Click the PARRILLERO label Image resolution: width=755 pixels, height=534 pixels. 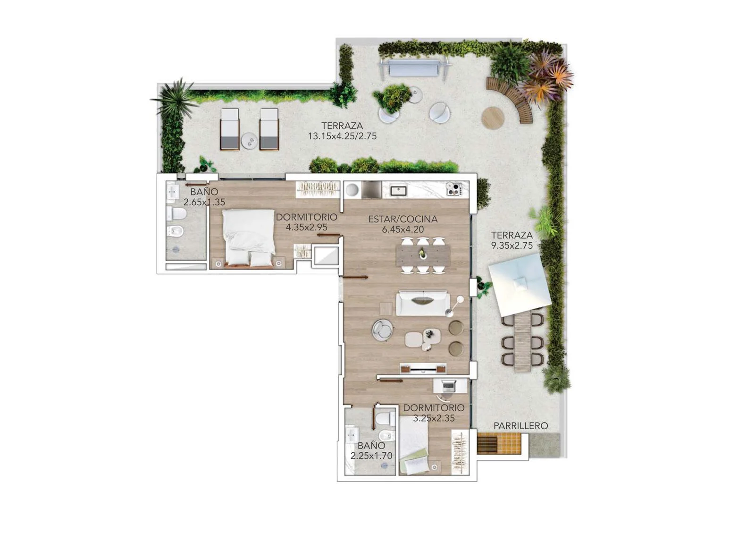click(x=520, y=426)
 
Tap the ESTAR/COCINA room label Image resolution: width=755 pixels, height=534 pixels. click(x=403, y=219)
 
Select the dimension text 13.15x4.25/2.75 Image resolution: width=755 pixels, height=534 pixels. click(x=342, y=136)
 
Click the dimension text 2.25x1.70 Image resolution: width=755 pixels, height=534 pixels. click(x=371, y=456)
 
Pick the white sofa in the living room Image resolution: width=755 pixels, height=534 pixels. click(x=423, y=303)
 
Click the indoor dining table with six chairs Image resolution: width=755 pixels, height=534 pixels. click(x=423, y=255)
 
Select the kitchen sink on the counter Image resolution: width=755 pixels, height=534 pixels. click(x=398, y=191)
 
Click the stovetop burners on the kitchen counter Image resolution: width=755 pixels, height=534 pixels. click(x=454, y=189)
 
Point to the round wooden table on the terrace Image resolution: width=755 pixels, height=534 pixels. click(x=493, y=118)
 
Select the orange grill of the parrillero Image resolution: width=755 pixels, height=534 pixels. click(x=499, y=443)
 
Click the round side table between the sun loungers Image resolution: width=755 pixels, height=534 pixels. click(x=250, y=141)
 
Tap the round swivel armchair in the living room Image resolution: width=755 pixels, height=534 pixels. click(x=382, y=329)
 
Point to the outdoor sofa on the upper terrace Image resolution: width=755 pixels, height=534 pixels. click(x=414, y=68)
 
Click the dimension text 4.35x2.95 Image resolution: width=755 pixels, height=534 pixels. click(x=306, y=228)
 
